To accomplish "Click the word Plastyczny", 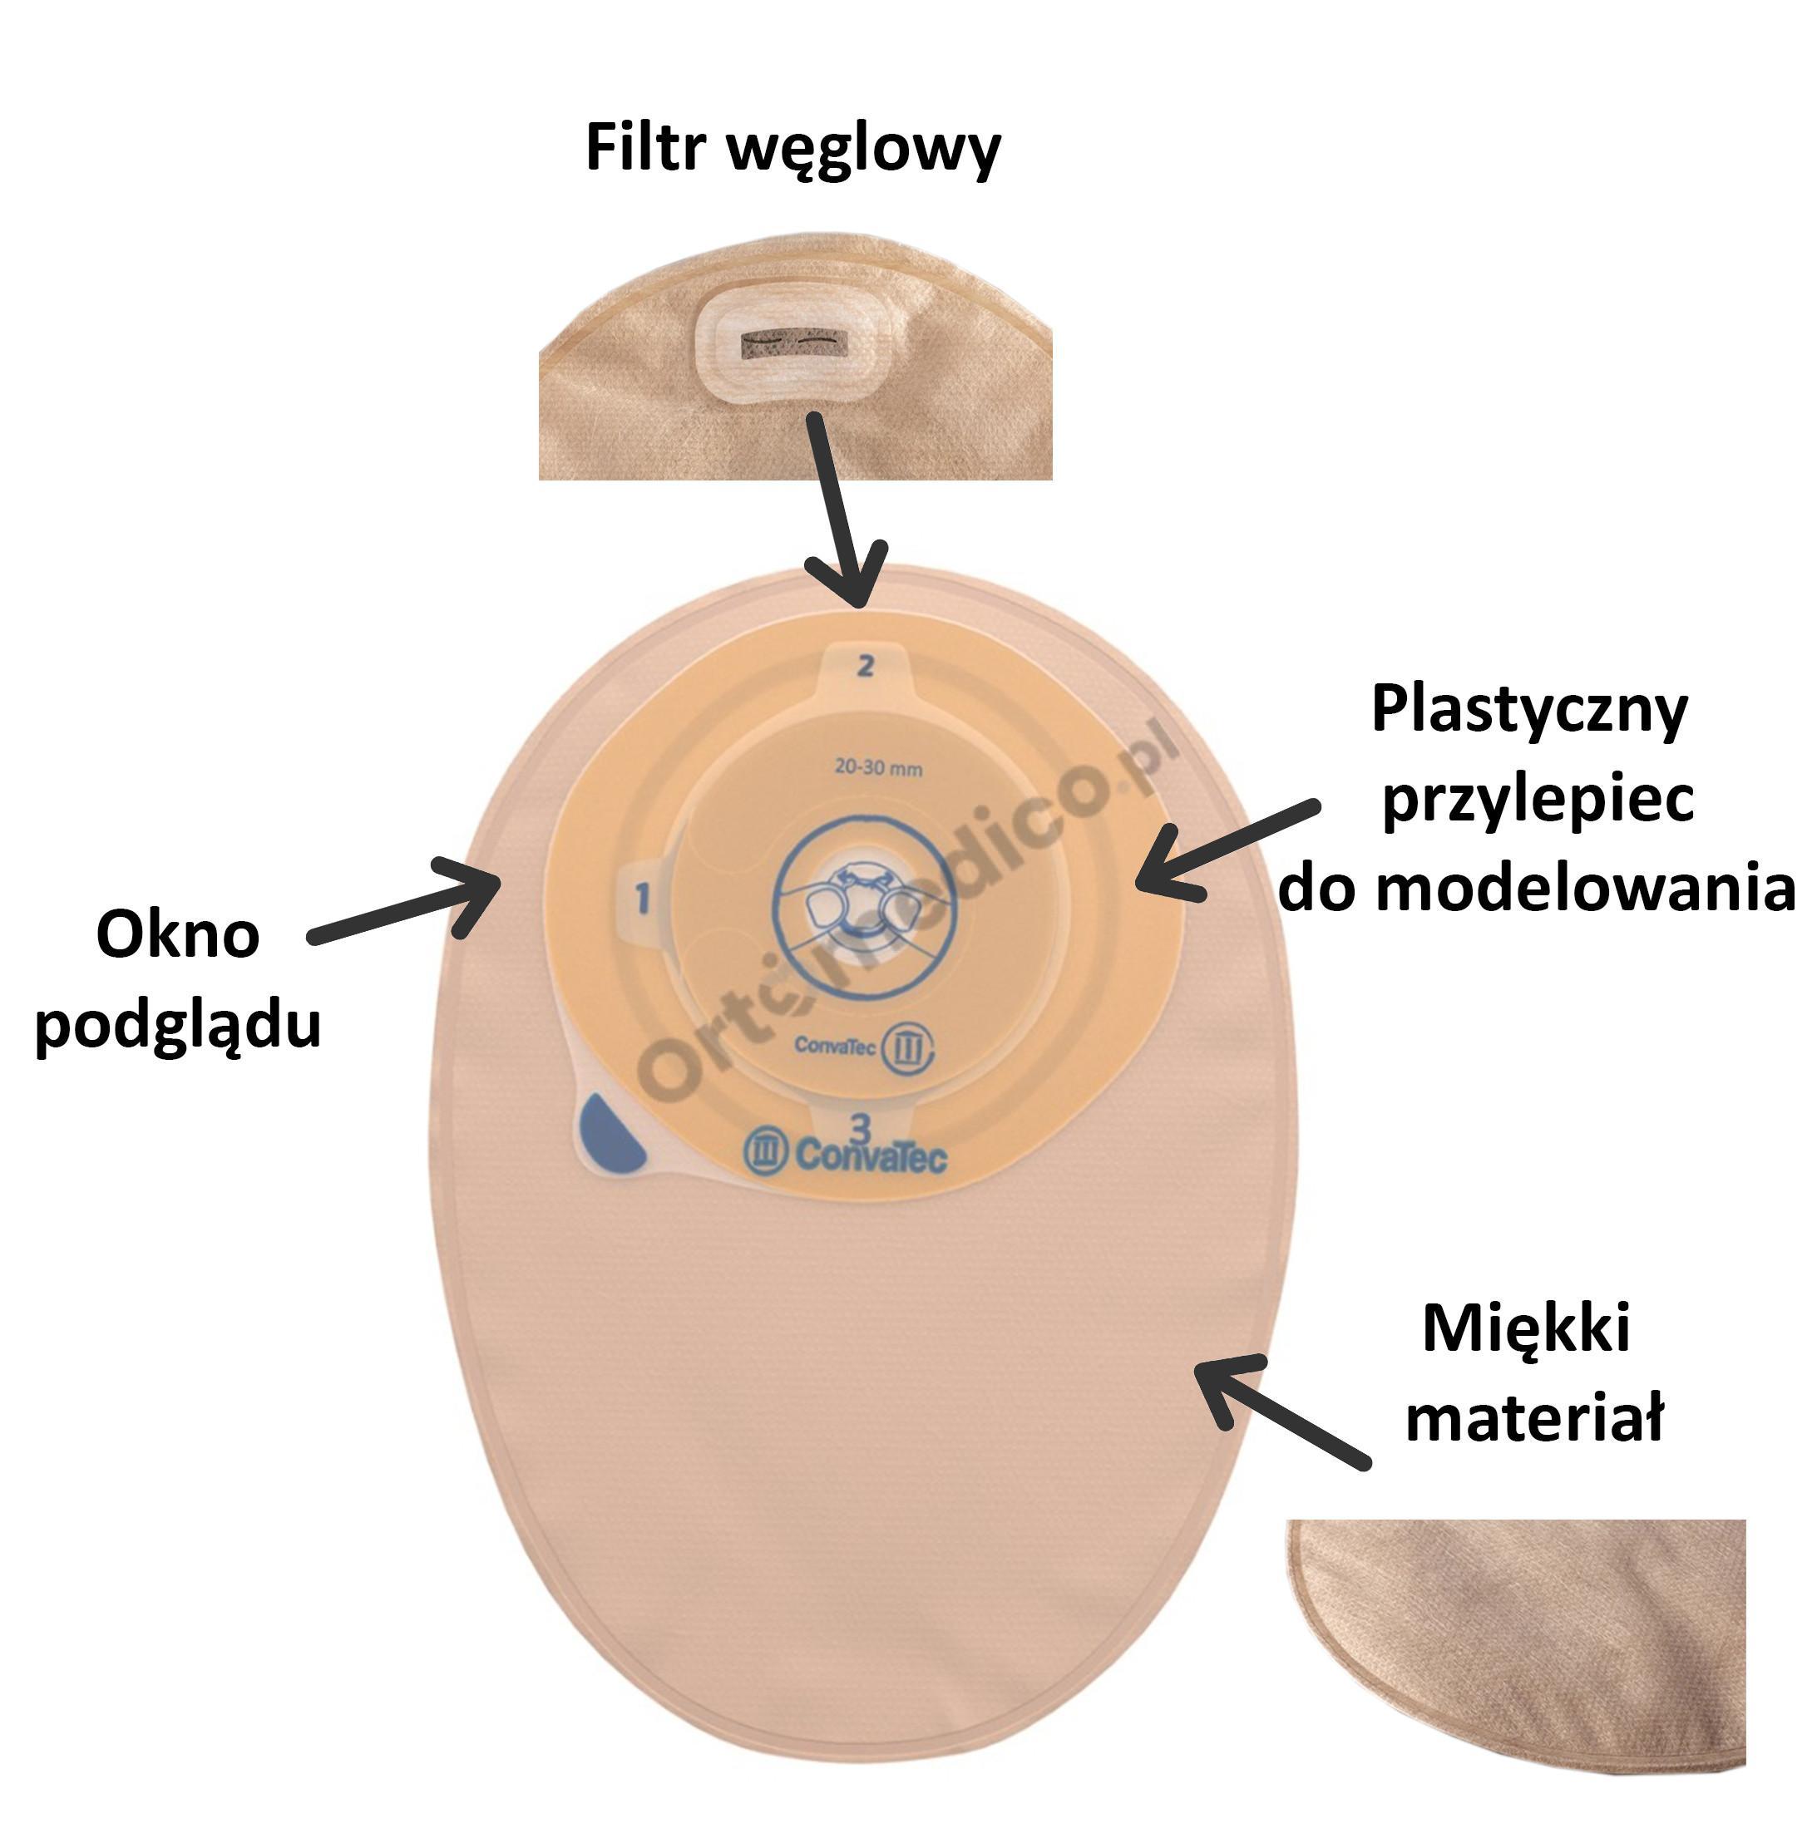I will coord(1529,712).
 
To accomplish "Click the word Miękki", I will coord(1526,1330).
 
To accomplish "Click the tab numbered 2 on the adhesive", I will coord(865,666).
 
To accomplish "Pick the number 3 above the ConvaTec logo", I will coord(860,1126).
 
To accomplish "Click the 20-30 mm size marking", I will coord(877,768).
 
